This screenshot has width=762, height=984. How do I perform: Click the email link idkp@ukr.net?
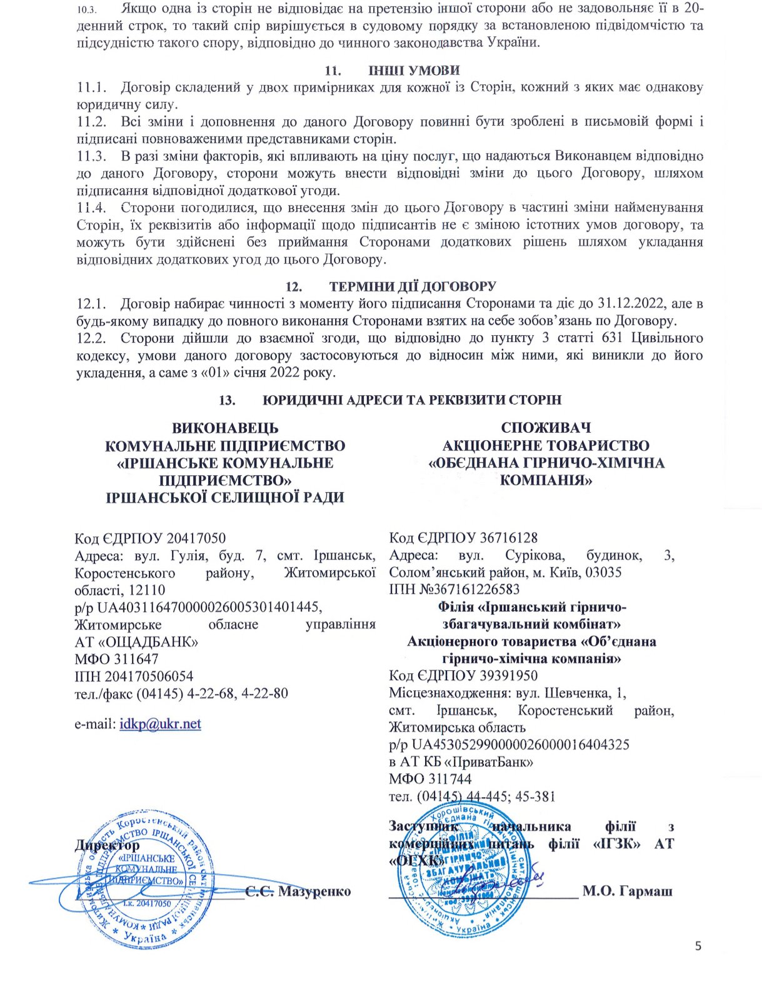160,724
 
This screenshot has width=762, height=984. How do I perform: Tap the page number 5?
698,946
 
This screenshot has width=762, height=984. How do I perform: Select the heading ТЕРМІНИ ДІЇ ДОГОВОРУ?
413,287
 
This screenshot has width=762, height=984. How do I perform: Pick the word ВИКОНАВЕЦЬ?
225,428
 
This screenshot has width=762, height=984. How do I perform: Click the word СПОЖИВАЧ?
546,428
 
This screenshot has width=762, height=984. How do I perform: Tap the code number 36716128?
509,538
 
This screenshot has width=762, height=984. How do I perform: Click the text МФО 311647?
116,659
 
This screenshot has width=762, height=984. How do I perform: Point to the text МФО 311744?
430,780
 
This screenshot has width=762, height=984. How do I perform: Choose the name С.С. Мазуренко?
298,891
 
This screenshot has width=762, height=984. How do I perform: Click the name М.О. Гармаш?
627,891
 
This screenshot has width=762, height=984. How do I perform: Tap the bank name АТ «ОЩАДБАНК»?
136,642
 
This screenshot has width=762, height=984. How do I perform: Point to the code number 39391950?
509,676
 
